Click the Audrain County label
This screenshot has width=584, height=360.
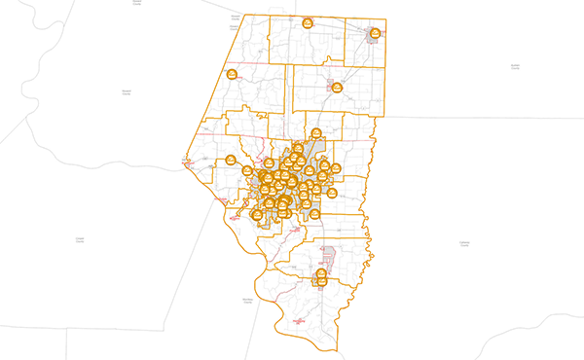click(515, 66)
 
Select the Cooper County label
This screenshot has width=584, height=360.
click(80, 238)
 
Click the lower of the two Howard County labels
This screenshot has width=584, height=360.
click(127, 90)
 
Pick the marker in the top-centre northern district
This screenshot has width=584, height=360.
click(307, 23)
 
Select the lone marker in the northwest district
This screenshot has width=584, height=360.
click(233, 75)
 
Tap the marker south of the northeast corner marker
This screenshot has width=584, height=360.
click(337, 89)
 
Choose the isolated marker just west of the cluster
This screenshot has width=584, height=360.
click(232, 161)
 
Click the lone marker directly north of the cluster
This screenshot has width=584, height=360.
click(315, 134)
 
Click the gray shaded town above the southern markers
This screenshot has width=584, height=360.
click(329, 257)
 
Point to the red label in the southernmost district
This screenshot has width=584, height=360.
click(299, 320)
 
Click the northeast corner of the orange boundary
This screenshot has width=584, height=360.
click(386, 19)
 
